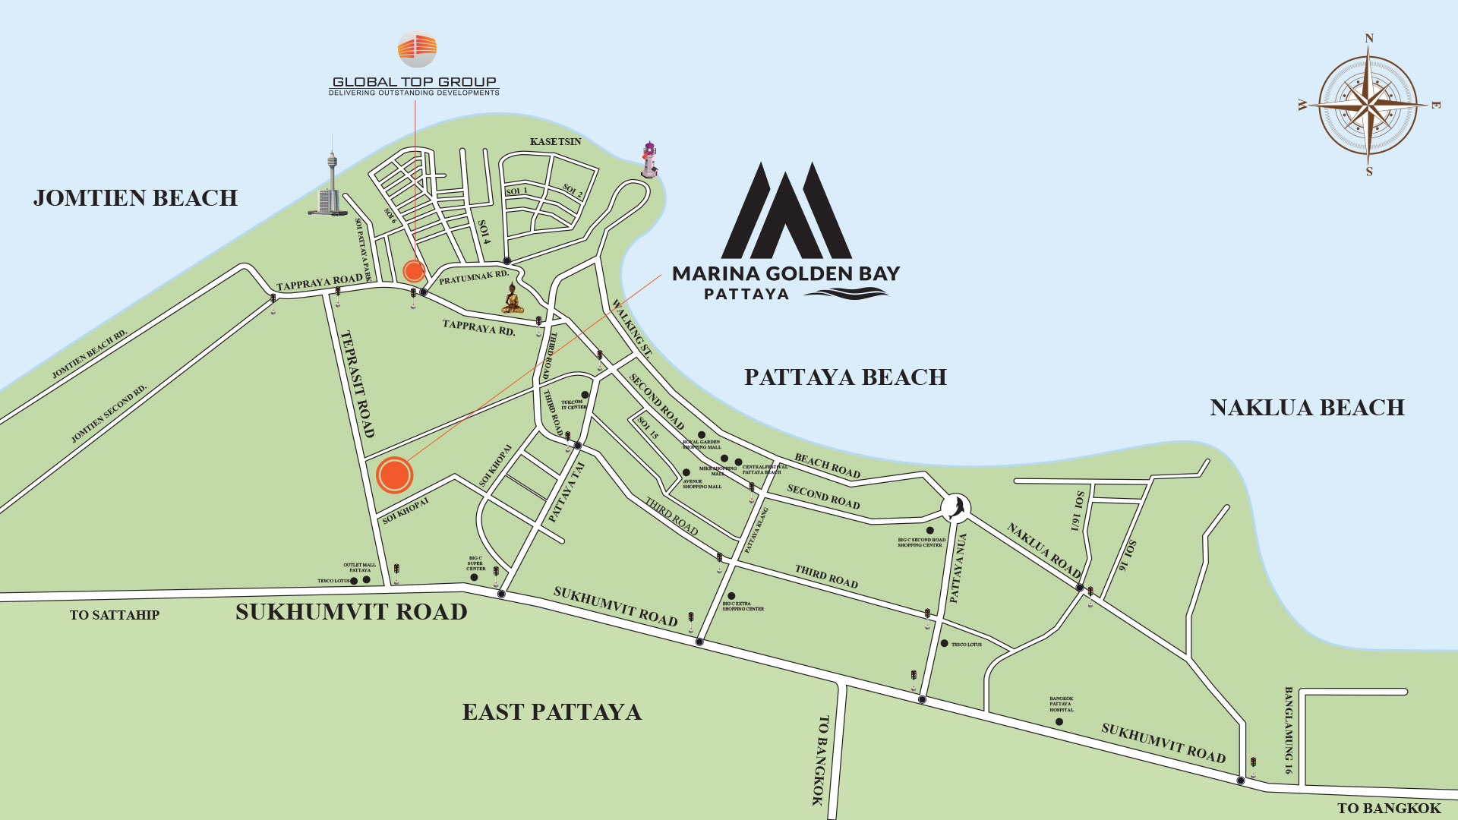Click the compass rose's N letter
tap(1369, 39)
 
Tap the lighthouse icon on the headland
tap(649, 159)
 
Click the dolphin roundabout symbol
tap(956, 506)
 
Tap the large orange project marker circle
tap(394, 475)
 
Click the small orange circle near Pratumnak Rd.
tap(413, 270)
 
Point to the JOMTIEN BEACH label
tap(135, 198)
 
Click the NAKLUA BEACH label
tap(1307, 408)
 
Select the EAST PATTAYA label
tap(552, 712)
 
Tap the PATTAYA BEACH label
tap(845, 377)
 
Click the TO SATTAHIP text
tap(115, 615)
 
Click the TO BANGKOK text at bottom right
tap(1389, 809)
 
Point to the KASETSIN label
tap(556, 142)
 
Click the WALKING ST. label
tap(632, 328)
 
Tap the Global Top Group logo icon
tap(417, 49)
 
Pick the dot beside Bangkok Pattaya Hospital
tap(1059, 721)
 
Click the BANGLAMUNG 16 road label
tap(1289, 730)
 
